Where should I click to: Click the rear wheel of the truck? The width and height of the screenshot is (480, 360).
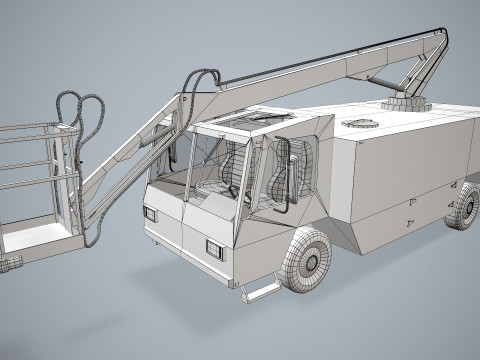pos(463,206)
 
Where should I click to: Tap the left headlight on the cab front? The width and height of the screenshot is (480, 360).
pos(151,213)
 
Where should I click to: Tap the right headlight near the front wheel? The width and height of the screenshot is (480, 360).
pos(215,247)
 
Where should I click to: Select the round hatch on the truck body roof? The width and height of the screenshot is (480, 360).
pos(359,123)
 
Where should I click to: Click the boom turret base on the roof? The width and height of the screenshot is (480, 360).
pos(405,104)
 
